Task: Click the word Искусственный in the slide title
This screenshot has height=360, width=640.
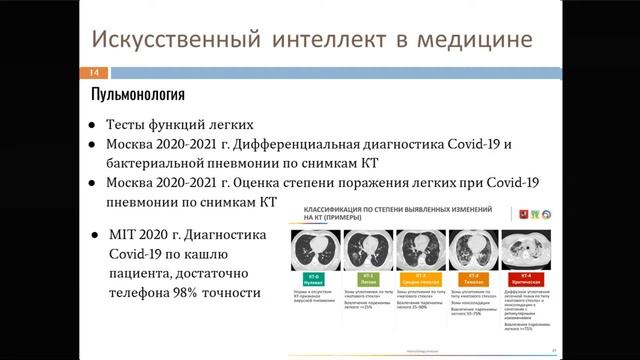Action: (163, 42)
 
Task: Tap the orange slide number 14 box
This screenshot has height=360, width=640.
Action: (92, 73)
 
